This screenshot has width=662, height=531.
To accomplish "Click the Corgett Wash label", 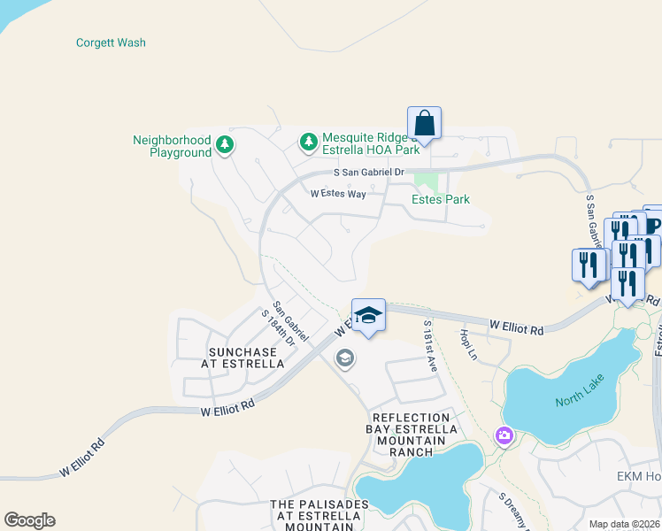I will (x=111, y=42).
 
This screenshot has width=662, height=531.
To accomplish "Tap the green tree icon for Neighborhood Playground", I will (x=225, y=145).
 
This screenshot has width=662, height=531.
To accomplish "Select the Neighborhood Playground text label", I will (x=172, y=146).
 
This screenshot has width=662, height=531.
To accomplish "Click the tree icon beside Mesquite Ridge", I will (x=308, y=141).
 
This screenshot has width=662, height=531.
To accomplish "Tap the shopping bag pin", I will (x=425, y=123).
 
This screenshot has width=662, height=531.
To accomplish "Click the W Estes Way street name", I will (x=338, y=194).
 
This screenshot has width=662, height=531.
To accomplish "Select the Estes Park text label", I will (x=441, y=200).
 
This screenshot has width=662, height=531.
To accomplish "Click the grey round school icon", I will (x=344, y=358).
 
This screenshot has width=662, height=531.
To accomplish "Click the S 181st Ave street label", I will (x=430, y=346).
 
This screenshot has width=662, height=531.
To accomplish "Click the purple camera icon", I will (x=504, y=435).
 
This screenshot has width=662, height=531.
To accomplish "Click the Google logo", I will (x=29, y=520).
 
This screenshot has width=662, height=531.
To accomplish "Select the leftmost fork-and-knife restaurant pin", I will (x=589, y=264).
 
